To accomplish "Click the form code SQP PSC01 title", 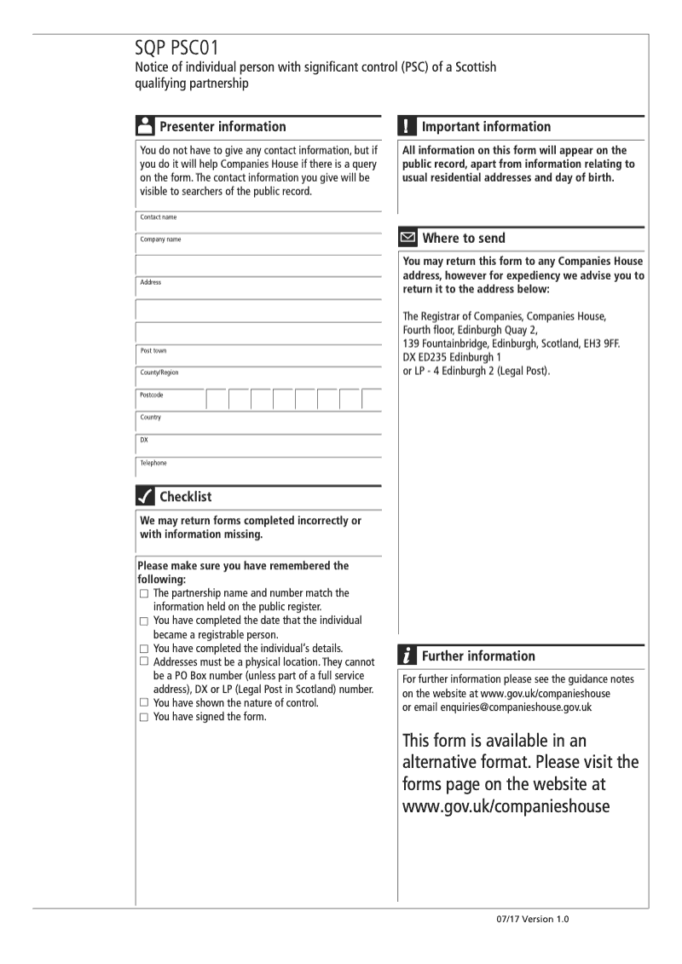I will pyautogui.click(x=180, y=53).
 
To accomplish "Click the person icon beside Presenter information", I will pyautogui.click(x=145, y=127).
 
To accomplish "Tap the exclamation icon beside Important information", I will pyautogui.click(x=407, y=127).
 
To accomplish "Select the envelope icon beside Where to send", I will pyautogui.click(x=407, y=239).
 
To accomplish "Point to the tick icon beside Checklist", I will pyautogui.click(x=145, y=496).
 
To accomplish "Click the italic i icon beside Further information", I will pyautogui.click(x=407, y=656).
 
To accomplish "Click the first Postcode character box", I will pyautogui.click(x=217, y=399).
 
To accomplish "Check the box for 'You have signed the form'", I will pyautogui.click(x=144, y=716).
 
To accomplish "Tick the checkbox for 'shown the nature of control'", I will pyautogui.click(x=144, y=702).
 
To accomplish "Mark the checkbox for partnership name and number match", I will pyautogui.click(x=144, y=593).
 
